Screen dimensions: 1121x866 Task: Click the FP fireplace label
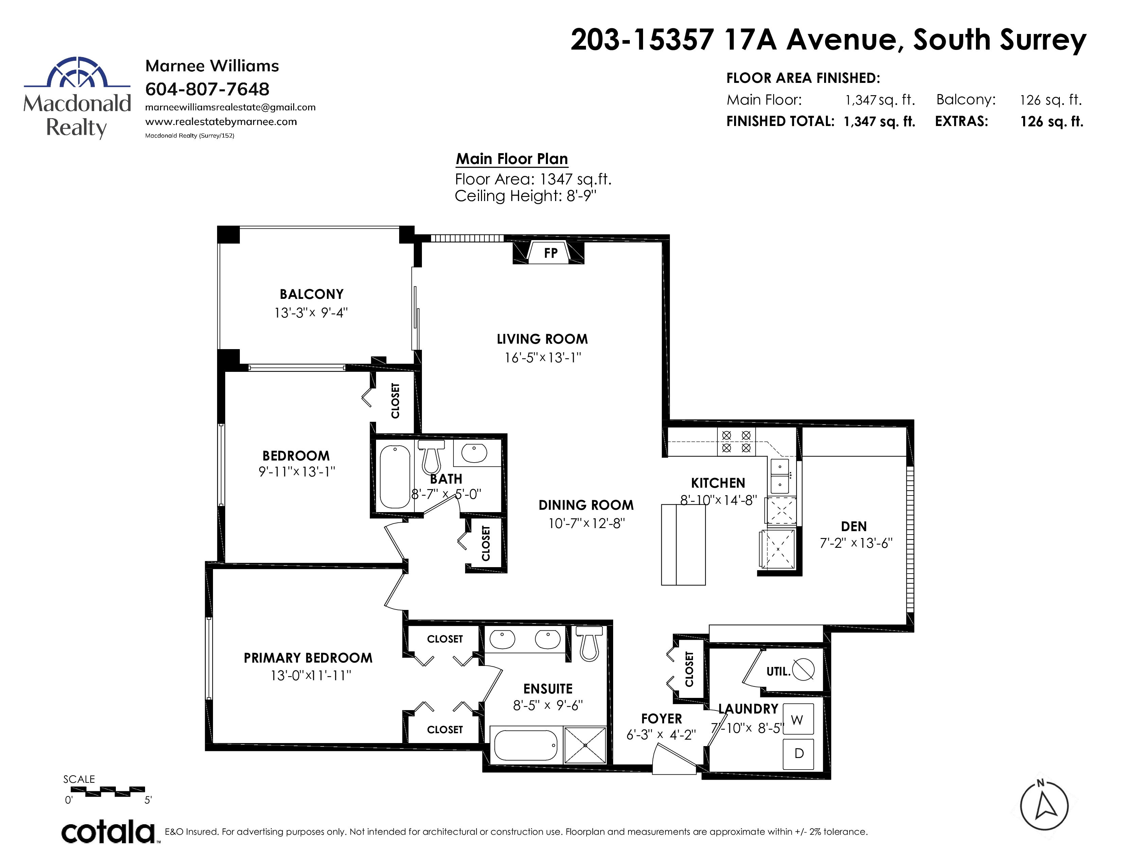(550, 253)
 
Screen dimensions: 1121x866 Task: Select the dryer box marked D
(798, 754)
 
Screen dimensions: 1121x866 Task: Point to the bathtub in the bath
(395, 476)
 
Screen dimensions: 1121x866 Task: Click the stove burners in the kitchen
(736, 441)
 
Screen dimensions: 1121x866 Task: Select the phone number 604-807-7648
(207, 89)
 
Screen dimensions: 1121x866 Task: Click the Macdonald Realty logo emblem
(77, 72)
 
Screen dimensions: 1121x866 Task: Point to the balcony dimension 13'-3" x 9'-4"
(311, 312)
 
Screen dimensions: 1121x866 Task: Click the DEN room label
(854, 526)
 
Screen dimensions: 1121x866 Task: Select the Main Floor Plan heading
(512, 159)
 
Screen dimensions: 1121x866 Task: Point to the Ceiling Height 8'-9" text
(526, 196)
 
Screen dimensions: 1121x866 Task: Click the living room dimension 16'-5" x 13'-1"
(542, 358)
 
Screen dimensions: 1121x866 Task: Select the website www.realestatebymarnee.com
(221, 122)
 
